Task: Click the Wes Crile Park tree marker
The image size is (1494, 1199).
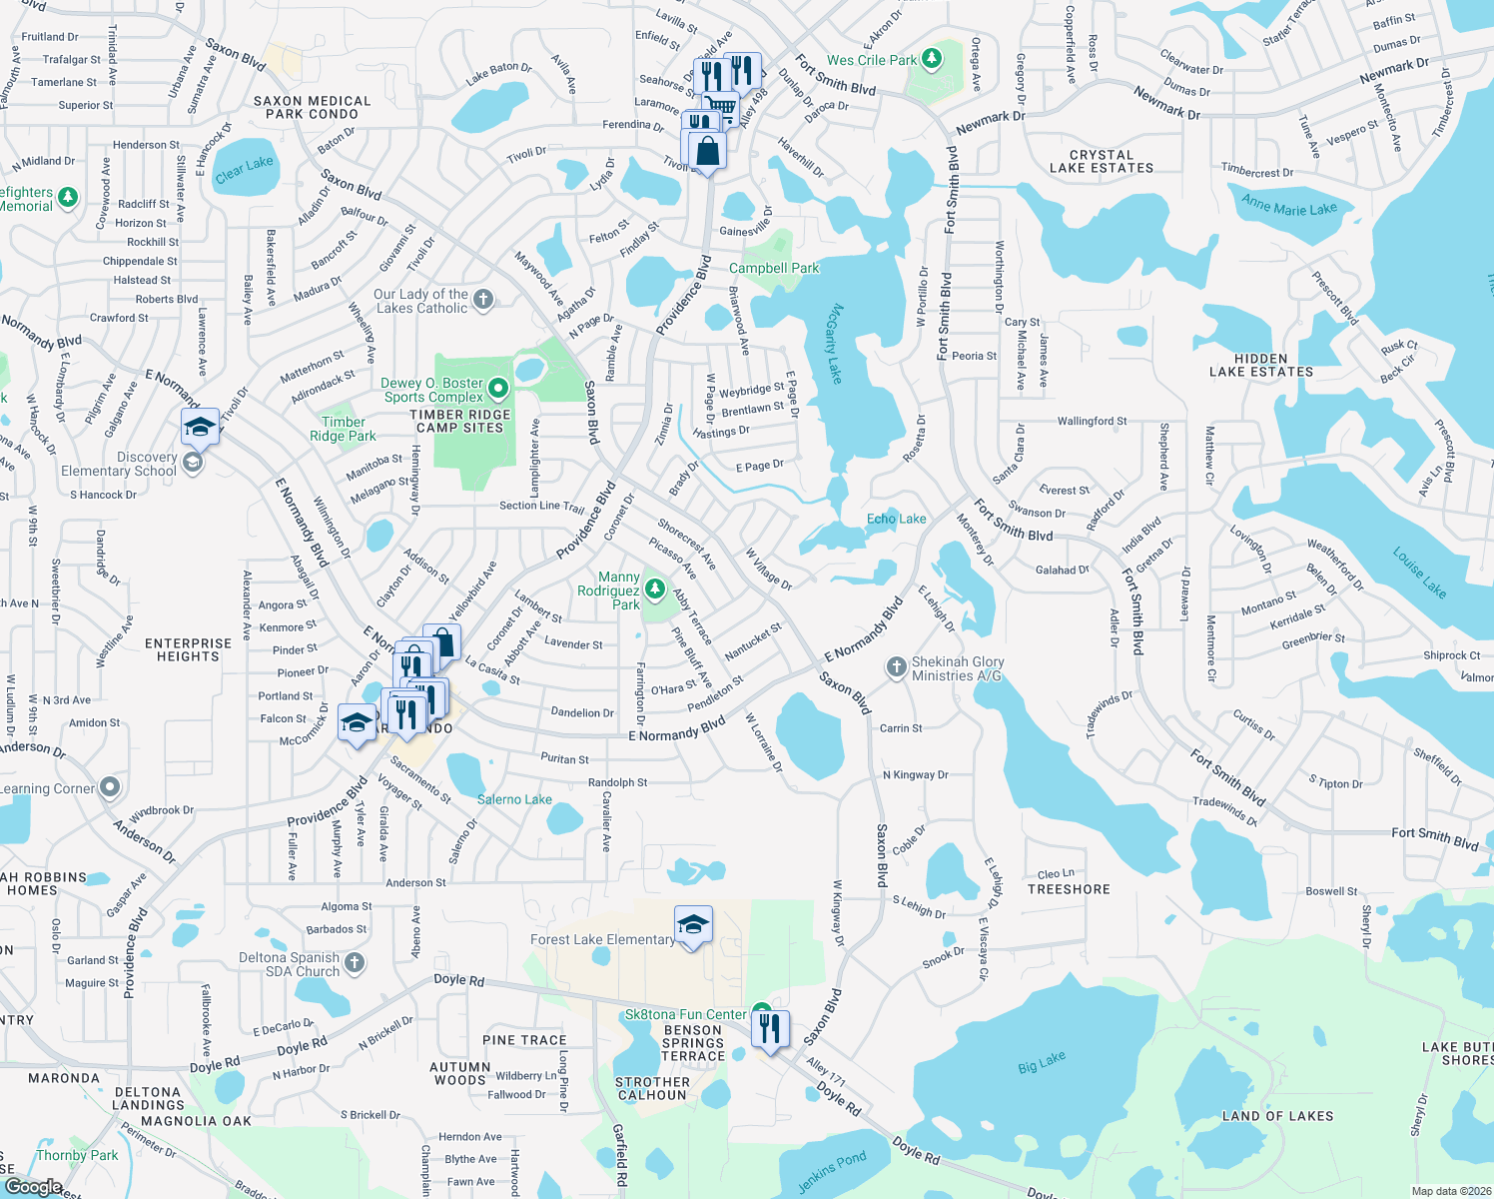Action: (x=932, y=59)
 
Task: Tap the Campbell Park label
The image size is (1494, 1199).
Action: (x=773, y=268)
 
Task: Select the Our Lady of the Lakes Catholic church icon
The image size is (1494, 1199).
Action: (x=483, y=299)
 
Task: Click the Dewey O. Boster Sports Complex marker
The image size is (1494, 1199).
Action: (x=498, y=388)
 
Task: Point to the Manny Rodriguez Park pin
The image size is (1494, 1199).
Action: (x=654, y=590)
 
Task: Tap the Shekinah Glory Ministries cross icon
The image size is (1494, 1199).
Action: (x=896, y=666)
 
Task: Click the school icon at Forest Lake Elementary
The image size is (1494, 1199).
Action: (x=692, y=925)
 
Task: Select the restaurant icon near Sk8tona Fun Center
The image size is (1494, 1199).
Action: (x=770, y=1027)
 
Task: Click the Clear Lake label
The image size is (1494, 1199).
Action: (x=244, y=169)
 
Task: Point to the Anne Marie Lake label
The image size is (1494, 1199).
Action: (x=1288, y=206)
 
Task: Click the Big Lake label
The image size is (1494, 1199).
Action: (x=1041, y=1062)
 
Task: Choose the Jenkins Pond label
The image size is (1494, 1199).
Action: (x=832, y=1172)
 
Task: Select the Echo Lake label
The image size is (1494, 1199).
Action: (x=896, y=519)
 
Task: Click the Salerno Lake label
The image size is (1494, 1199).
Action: (x=513, y=799)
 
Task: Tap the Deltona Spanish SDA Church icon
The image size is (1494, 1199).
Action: (x=355, y=963)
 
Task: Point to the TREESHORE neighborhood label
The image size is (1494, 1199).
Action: (x=1068, y=889)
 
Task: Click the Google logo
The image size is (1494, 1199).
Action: (x=33, y=1187)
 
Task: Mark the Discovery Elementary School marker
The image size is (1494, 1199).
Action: (x=194, y=463)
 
